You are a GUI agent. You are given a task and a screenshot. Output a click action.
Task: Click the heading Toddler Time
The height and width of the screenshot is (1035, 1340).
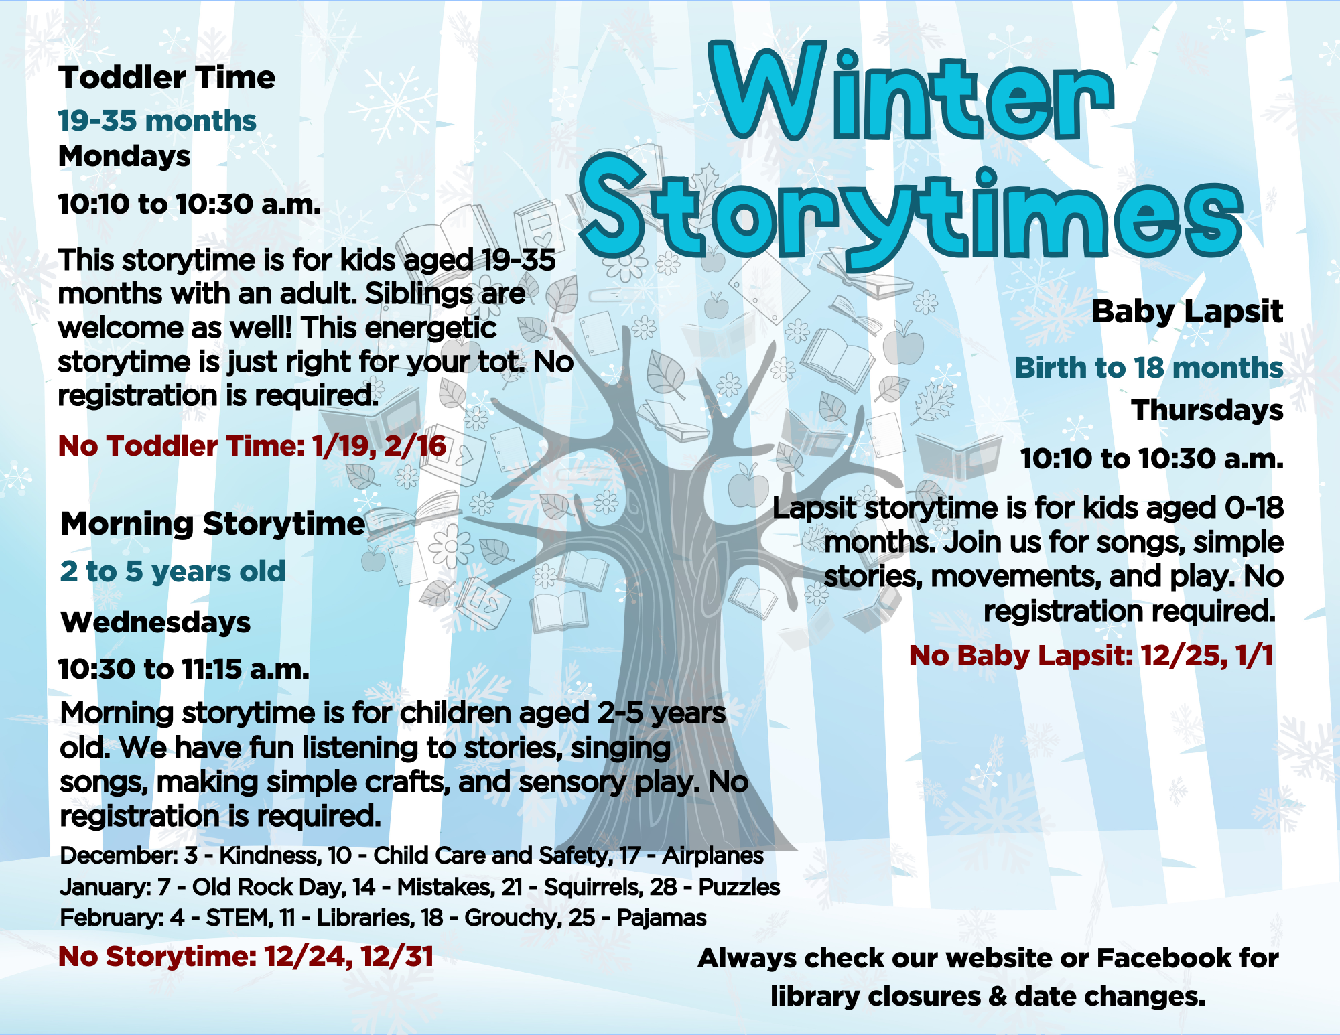[x=167, y=78]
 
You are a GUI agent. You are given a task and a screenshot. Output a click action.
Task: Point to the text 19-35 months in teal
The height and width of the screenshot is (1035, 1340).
[x=157, y=121]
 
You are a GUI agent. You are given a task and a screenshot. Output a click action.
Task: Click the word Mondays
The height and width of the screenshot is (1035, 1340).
[x=125, y=157]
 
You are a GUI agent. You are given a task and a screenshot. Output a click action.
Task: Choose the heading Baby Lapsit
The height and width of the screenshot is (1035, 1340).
[x=1187, y=312]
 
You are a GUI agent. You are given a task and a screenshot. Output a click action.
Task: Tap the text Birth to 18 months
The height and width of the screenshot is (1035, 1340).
[x=1149, y=368]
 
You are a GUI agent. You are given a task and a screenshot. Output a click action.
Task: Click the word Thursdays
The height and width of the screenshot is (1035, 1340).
[x=1207, y=410]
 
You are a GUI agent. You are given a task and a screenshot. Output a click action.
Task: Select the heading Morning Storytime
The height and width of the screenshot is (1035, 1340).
[x=213, y=524]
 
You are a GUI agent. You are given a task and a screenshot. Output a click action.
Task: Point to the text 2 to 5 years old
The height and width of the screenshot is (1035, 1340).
[x=173, y=572]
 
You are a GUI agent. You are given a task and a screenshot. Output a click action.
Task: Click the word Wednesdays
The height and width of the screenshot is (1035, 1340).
[x=155, y=622]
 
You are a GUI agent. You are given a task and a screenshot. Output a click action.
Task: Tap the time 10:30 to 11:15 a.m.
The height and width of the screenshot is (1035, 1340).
[x=184, y=669]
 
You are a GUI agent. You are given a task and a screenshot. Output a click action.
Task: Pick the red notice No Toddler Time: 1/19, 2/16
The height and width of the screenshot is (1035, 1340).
[x=253, y=446]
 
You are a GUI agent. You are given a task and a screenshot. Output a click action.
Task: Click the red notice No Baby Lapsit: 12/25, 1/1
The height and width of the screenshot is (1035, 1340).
[x=1091, y=656]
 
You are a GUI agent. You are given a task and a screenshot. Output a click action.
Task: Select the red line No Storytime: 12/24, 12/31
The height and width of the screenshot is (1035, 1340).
[x=246, y=957]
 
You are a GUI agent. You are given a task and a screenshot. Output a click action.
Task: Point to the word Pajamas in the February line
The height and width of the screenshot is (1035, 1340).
[x=661, y=918]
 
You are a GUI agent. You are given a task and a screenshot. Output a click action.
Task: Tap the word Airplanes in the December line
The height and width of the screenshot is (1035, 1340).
[x=713, y=856]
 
